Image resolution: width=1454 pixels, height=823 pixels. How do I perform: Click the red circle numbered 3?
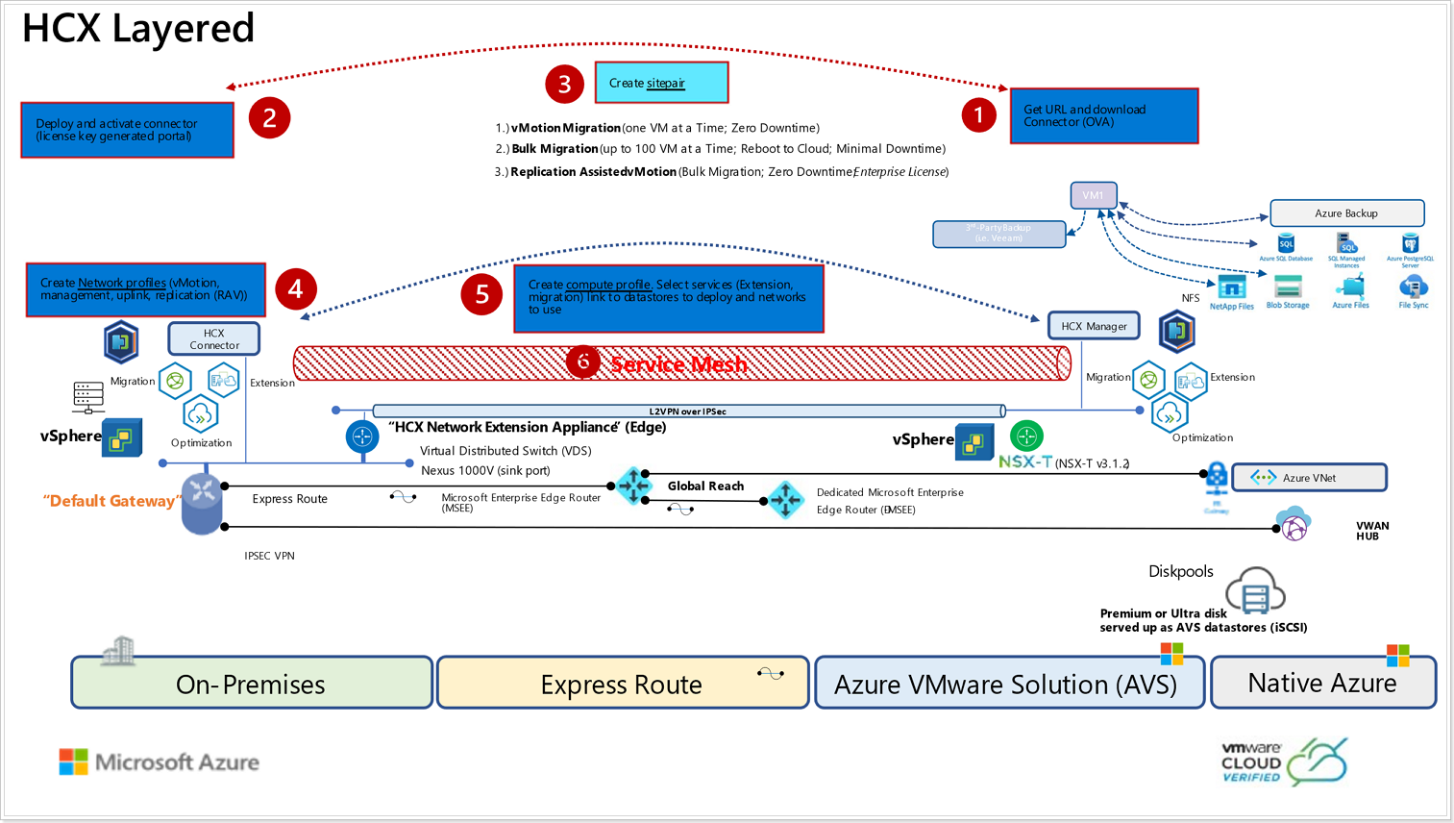[565, 84]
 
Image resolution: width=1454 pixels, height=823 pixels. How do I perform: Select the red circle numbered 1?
[978, 115]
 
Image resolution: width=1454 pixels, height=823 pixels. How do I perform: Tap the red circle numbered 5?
[481, 294]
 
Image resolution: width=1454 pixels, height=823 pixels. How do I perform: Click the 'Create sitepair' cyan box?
[661, 83]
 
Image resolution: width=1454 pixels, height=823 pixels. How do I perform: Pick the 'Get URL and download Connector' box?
[1103, 116]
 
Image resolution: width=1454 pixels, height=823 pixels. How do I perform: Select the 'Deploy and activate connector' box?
[127, 130]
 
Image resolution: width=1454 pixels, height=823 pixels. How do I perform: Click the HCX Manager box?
[1094, 326]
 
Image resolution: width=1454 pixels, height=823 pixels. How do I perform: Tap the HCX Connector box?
[213, 338]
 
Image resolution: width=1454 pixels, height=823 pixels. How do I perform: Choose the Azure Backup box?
[1346, 213]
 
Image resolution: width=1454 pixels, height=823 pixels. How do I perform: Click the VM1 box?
[1093, 195]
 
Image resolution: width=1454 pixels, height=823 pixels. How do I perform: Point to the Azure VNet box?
[1309, 477]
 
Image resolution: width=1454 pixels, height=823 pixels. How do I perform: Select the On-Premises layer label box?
[251, 684]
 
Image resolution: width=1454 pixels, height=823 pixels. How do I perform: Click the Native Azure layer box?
[1322, 683]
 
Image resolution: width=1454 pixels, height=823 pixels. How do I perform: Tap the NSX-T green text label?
[1024, 462]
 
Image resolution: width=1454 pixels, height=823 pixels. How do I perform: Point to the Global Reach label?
[705, 486]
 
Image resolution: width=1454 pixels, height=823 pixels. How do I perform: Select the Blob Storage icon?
[1288, 287]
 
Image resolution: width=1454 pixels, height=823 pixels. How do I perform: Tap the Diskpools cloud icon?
[1255, 589]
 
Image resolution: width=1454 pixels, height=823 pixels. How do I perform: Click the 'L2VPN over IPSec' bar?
[688, 411]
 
